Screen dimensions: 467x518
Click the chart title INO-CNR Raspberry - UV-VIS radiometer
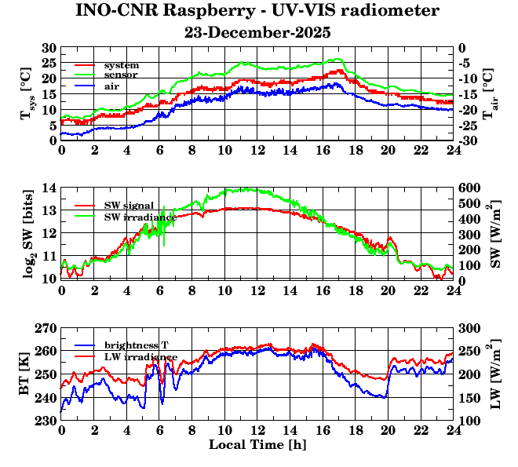click(257, 11)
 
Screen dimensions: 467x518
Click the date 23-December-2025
click(257, 33)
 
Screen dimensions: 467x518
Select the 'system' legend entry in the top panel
click(121, 64)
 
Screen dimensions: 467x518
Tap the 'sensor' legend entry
click(121, 74)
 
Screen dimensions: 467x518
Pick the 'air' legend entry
click(111, 85)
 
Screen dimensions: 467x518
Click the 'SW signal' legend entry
click(129, 205)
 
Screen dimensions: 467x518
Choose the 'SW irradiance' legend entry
click(139, 216)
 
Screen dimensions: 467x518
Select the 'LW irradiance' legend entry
click(140, 356)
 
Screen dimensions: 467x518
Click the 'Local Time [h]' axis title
click(257, 445)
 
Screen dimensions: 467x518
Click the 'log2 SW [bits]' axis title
click(28, 233)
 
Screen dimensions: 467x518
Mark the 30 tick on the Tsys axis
click(49, 48)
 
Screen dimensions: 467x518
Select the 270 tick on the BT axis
click(46, 328)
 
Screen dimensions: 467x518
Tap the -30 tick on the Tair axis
click(468, 141)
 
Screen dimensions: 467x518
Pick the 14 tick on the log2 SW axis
click(49, 188)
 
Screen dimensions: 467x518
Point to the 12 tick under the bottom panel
click(257, 430)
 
